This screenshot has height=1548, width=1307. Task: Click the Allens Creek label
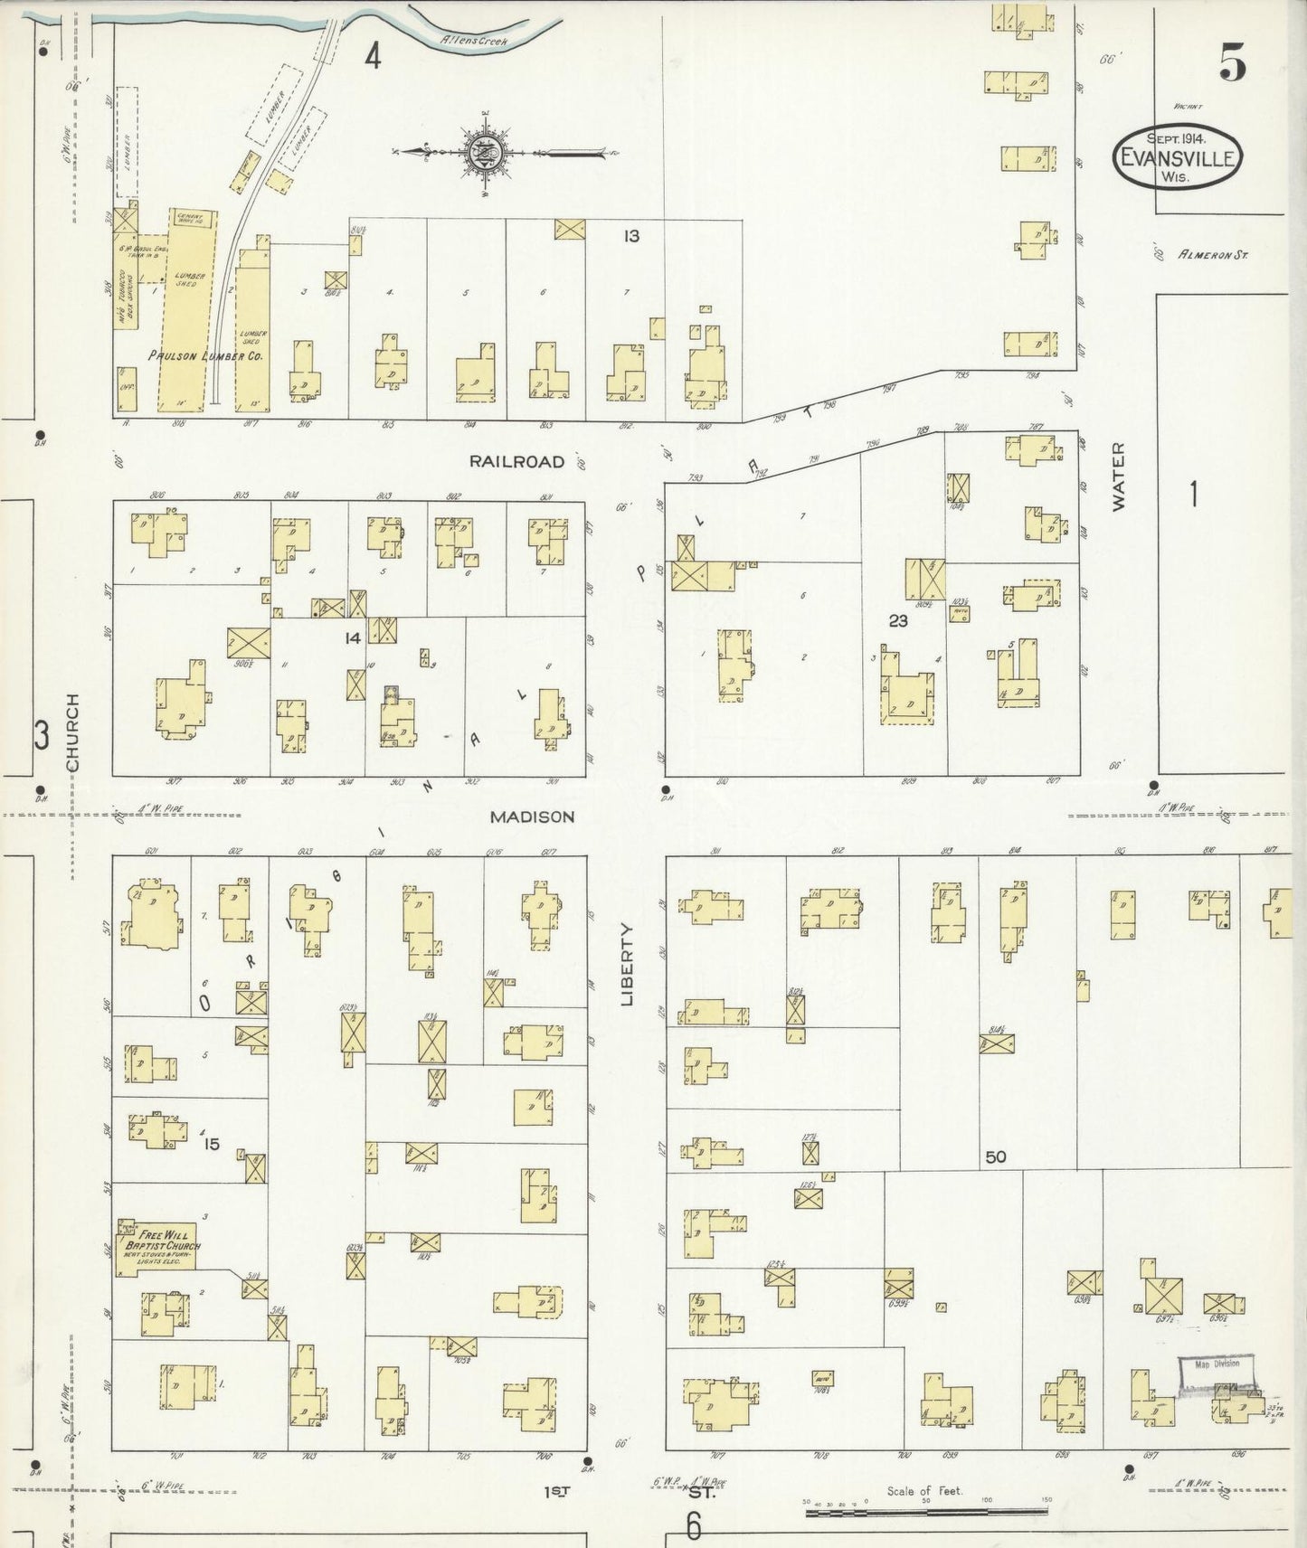(474, 41)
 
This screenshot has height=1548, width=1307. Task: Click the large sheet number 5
(1231, 62)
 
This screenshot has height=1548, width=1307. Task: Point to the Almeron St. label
(1212, 256)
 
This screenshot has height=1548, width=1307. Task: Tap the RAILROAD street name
(516, 462)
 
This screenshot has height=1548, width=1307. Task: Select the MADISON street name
(532, 816)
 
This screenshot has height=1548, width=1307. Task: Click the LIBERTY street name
(629, 964)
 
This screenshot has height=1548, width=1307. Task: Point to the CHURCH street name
(73, 732)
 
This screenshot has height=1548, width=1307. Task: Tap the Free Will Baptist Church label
(163, 1238)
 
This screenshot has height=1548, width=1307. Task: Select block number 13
(630, 237)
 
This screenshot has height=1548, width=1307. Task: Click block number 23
(897, 620)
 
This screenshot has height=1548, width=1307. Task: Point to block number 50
(996, 1156)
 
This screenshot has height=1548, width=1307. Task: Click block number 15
(212, 1145)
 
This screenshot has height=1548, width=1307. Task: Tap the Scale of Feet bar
(925, 1512)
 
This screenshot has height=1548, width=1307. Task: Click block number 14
(352, 638)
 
